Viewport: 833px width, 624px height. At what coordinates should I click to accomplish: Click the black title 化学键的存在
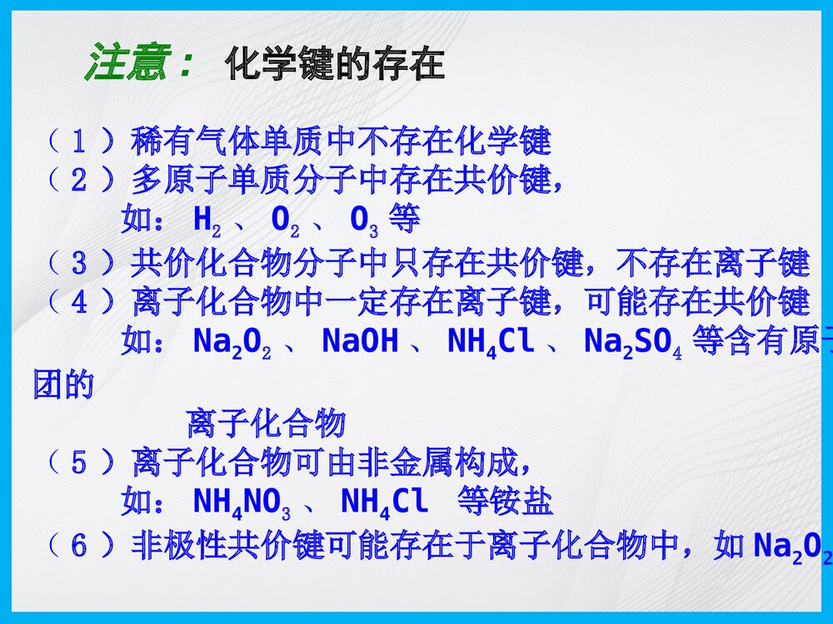click(334, 66)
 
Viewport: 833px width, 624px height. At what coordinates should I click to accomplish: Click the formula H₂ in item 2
click(205, 220)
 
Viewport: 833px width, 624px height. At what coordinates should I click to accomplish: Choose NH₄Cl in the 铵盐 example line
click(384, 503)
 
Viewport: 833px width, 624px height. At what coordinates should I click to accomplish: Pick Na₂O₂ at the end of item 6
click(791, 547)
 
